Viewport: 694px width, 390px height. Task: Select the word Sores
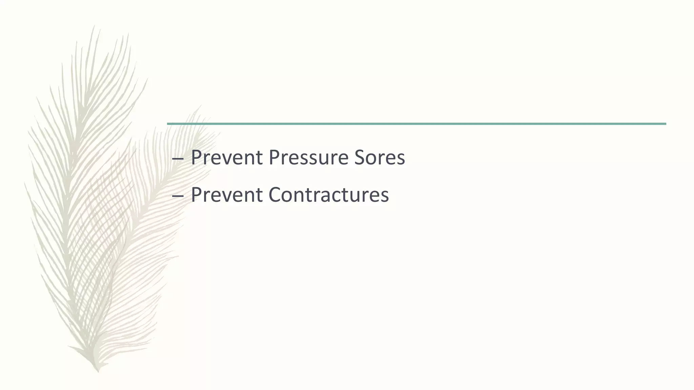click(380, 158)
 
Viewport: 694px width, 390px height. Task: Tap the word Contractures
click(329, 195)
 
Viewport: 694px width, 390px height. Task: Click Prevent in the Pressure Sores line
click(227, 158)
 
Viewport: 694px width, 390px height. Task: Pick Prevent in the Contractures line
click(227, 195)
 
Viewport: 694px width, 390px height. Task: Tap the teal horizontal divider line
click(416, 124)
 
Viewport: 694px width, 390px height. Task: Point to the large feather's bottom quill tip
click(98, 371)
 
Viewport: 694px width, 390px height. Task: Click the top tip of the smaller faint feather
click(200, 106)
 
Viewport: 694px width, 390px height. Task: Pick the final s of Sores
click(401, 159)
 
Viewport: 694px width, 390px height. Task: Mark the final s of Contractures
click(385, 196)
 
